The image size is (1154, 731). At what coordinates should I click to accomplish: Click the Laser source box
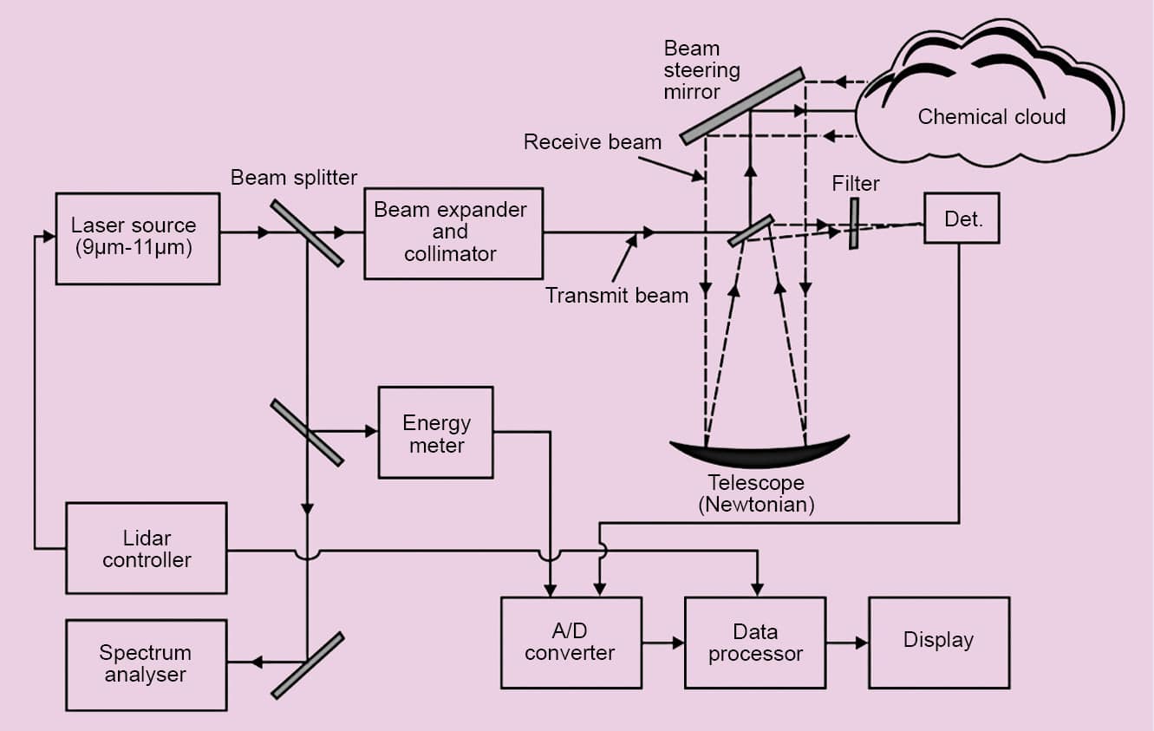(x=137, y=238)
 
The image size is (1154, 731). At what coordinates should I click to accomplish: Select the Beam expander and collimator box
(x=453, y=233)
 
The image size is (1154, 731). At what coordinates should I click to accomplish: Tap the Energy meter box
(x=435, y=432)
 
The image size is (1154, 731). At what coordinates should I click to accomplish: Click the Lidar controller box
(x=146, y=548)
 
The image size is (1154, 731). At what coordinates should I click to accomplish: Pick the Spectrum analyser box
(x=146, y=664)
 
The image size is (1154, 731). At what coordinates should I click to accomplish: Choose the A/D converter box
(x=570, y=642)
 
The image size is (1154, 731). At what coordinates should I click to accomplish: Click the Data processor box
(x=754, y=642)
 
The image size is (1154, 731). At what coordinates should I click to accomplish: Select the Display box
(x=938, y=642)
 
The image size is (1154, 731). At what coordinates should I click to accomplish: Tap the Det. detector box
(x=962, y=219)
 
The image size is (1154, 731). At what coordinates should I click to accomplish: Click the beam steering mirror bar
(x=742, y=106)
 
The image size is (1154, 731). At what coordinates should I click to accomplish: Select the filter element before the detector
(x=854, y=224)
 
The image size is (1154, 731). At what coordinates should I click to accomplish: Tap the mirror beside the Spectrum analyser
(x=307, y=665)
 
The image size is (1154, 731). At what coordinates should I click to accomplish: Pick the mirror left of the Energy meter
(x=307, y=432)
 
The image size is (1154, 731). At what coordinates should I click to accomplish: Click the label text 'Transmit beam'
(x=616, y=296)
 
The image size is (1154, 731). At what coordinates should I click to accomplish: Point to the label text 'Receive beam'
(x=592, y=142)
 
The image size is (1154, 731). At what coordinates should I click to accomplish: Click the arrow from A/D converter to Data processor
(x=663, y=643)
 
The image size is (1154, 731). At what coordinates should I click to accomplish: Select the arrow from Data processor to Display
(x=847, y=643)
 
